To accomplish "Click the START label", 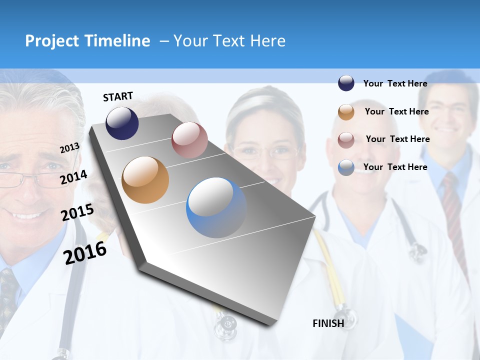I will (x=118, y=96).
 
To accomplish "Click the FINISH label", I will (x=328, y=323).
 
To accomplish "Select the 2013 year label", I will (x=69, y=148).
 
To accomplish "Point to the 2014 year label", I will (x=73, y=177).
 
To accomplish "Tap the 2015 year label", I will (x=77, y=213).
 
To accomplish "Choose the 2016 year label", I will (x=85, y=253).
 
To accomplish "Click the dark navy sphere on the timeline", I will (x=122, y=123).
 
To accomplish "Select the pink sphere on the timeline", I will (x=189, y=140).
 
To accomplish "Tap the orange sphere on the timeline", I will (x=145, y=180).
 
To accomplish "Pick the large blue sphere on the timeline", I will (x=216, y=207).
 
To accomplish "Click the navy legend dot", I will (x=346, y=83).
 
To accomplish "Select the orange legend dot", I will (x=346, y=112).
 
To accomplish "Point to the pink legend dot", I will (x=346, y=139).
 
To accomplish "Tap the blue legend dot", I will (x=346, y=167).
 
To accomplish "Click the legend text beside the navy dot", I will (x=395, y=83).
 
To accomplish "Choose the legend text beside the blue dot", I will (x=395, y=167).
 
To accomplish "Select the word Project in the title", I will (x=52, y=41).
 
